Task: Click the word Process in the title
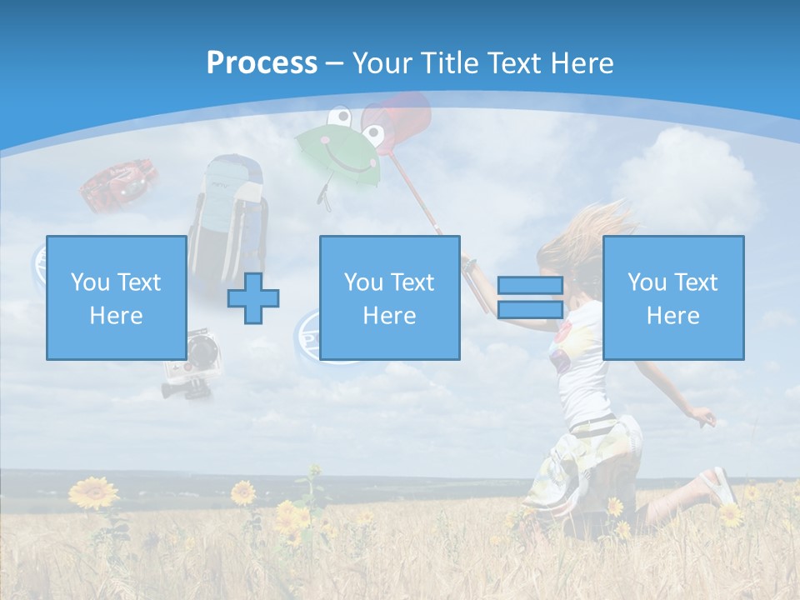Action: point(262,63)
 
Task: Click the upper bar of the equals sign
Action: point(530,286)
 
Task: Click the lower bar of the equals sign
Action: point(530,309)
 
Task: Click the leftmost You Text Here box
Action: point(116,297)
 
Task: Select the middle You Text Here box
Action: point(389,297)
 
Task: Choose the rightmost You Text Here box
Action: point(672,297)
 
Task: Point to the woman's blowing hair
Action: point(583,233)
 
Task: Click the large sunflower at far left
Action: point(92,492)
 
